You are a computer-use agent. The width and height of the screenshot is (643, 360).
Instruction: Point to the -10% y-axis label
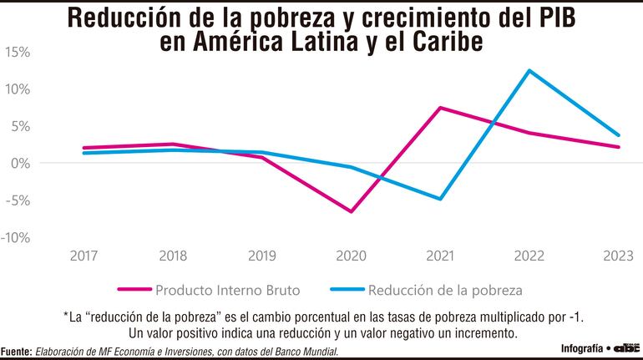(x=17, y=237)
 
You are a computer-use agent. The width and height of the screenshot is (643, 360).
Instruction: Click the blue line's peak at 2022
(x=529, y=70)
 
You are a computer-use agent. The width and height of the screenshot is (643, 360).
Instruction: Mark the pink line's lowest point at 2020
(x=352, y=211)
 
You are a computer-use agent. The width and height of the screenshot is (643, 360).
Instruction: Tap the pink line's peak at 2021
(x=440, y=108)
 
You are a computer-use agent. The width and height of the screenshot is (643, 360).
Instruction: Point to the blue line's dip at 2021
(x=440, y=199)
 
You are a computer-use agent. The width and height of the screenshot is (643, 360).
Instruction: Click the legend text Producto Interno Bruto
(x=226, y=291)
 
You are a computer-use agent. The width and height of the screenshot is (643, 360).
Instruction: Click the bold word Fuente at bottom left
(x=16, y=352)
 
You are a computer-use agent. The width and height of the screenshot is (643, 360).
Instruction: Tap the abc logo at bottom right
(x=628, y=346)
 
